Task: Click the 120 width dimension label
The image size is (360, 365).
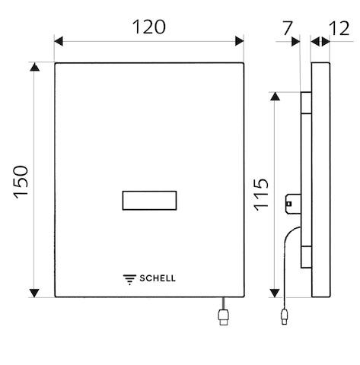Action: tap(149, 27)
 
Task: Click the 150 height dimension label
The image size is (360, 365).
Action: tap(21, 182)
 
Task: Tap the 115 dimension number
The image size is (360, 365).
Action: tap(261, 195)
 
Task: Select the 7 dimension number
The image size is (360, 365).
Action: tap(288, 28)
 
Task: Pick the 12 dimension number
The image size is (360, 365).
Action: tap(339, 28)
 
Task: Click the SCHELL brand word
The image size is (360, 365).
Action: tap(158, 278)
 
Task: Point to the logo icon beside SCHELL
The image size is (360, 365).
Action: tap(129, 279)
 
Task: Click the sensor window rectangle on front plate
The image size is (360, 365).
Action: tap(149, 201)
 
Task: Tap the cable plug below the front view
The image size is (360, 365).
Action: tap(224, 316)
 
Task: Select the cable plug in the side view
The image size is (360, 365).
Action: tap(285, 316)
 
